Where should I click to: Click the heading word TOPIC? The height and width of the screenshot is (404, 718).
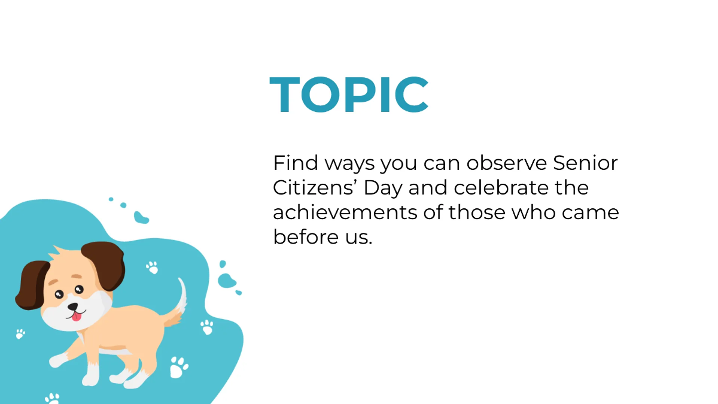tap(349, 95)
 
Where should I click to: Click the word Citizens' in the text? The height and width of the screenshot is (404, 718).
tap(314, 188)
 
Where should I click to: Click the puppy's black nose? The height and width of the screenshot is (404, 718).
tap(72, 306)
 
